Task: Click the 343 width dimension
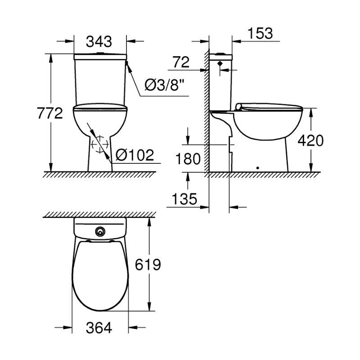coord(99,42)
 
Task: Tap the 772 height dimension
coord(50,113)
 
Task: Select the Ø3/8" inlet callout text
coord(165,85)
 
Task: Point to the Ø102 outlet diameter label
coord(135,155)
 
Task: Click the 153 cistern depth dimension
coord(261,33)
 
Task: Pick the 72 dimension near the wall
coord(181,62)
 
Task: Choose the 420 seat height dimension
coord(310,140)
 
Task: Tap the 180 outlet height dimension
coord(188,159)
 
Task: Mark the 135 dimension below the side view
coord(184,199)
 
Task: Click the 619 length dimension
coord(148,265)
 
